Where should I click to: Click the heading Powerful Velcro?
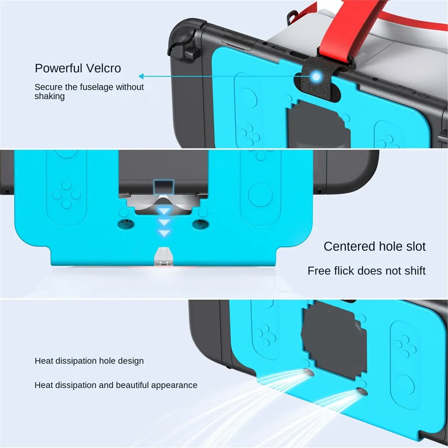click(x=78, y=68)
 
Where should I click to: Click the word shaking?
click(x=50, y=96)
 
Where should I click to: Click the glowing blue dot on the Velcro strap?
click(x=316, y=76)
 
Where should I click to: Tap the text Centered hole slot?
click(x=374, y=246)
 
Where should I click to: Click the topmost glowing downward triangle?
click(x=164, y=211)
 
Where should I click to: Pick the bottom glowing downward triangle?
click(x=164, y=233)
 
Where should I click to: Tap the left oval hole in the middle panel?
click(x=126, y=225)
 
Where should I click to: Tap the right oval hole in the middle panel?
click(x=200, y=225)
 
